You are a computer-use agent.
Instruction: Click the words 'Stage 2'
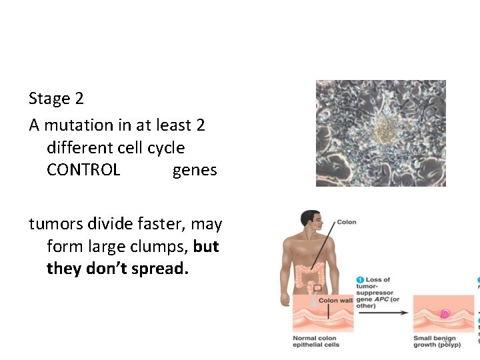click(x=56, y=99)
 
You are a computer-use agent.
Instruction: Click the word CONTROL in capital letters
click(x=83, y=170)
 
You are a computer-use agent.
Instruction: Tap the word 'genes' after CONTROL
click(x=195, y=170)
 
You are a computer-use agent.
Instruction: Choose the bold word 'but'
click(x=206, y=247)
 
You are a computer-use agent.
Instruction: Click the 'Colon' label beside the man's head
click(x=347, y=222)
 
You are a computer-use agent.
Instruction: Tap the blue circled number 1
click(x=360, y=280)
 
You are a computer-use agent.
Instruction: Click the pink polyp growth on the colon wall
click(x=445, y=313)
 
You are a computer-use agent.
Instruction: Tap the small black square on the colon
click(x=317, y=288)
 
